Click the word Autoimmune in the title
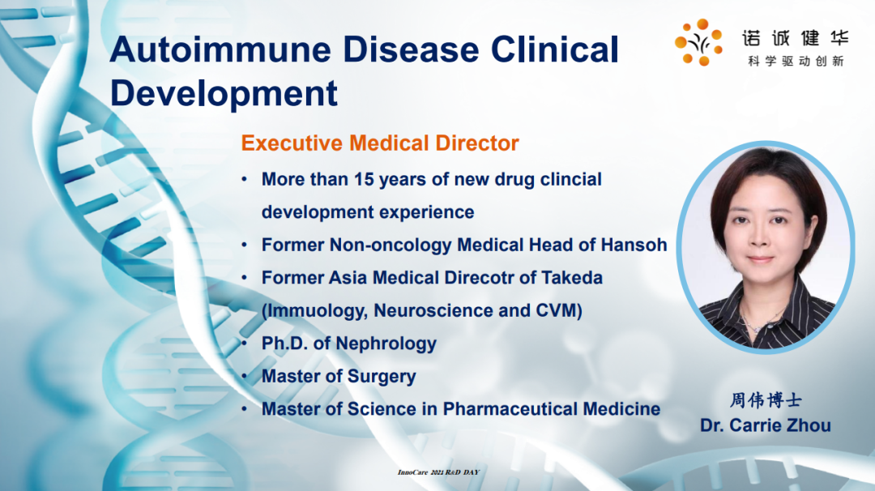click(x=221, y=49)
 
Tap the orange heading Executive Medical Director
click(x=380, y=143)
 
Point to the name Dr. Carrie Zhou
click(x=765, y=425)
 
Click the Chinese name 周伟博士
click(x=766, y=400)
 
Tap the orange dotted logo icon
click(x=698, y=42)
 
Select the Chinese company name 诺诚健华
click(x=796, y=38)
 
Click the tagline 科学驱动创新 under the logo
click(x=796, y=62)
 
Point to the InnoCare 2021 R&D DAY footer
click(x=438, y=472)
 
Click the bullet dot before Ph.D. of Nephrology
click(x=245, y=344)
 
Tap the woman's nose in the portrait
click(x=759, y=240)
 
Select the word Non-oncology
click(x=391, y=245)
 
